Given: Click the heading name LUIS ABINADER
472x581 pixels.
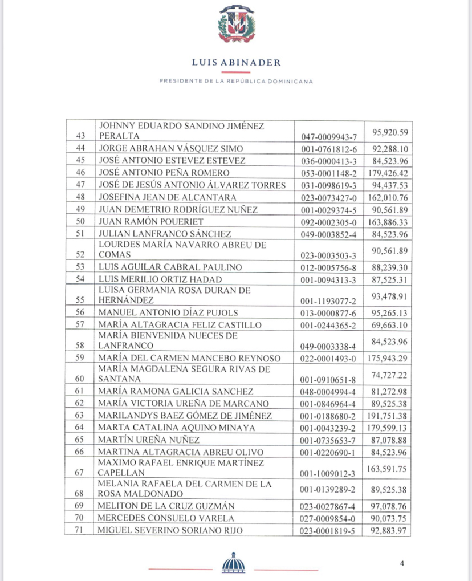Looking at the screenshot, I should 236,63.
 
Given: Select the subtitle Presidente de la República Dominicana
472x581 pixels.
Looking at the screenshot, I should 236,81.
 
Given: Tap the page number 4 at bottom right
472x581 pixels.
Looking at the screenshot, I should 402,564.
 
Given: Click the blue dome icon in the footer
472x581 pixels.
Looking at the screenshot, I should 236,563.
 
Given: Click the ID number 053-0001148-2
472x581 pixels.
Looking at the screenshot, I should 327,172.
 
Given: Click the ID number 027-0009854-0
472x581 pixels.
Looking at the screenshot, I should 327,519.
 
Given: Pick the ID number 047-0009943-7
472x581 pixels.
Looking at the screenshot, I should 327,137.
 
